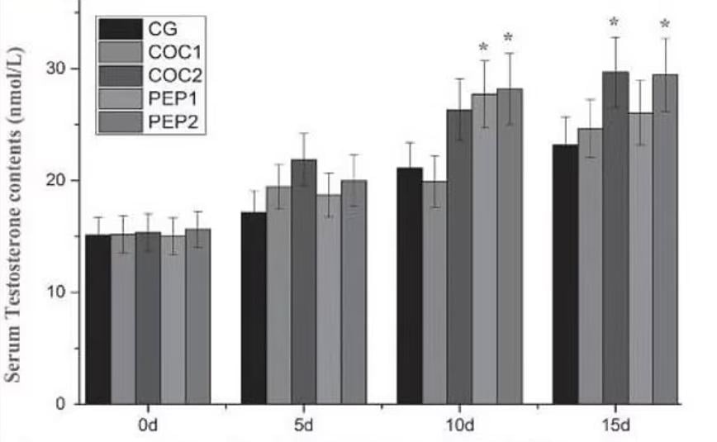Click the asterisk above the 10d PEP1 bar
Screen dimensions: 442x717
(484, 46)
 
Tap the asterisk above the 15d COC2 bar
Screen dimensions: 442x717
(615, 22)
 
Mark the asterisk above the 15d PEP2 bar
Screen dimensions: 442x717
(665, 24)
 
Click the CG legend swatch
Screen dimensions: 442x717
(119, 30)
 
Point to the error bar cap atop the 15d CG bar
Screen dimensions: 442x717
(565, 116)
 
